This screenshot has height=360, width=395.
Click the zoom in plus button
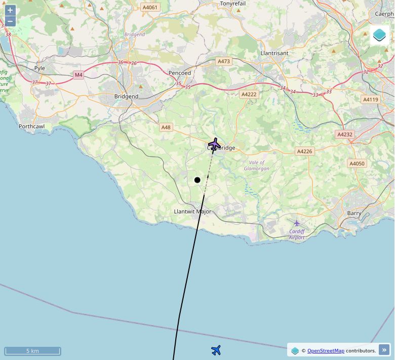(x=10, y=10)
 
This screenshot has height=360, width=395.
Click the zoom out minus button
(x=10, y=21)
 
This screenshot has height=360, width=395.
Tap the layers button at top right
(x=379, y=35)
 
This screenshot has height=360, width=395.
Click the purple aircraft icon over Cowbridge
(x=215, y=145)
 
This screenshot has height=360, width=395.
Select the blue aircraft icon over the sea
(x=216, y=350)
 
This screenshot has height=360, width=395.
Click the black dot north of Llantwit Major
(x=197, y=180)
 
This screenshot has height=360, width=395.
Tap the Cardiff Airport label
(x=297, y=234)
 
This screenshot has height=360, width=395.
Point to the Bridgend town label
(x=126, y=96)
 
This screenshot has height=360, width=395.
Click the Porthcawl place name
(x=32, y=126)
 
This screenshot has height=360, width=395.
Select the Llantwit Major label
(x=192, y=211)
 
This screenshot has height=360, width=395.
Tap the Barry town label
(x=354, y=213)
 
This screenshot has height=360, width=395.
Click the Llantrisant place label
(x=274, y=53)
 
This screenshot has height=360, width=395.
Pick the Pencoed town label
(x=180, y=73)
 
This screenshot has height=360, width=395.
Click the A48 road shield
(x=166, y=127)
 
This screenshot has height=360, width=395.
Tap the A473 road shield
(x=223, y=61)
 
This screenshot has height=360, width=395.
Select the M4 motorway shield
(x=78, y=75)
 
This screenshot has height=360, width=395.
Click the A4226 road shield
(x=304, y=151)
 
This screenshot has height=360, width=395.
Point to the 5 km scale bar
(x=32, y=351)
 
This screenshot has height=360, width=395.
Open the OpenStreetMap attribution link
(x=326, y=350)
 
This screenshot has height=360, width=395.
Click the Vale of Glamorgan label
(x=257, y=165)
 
